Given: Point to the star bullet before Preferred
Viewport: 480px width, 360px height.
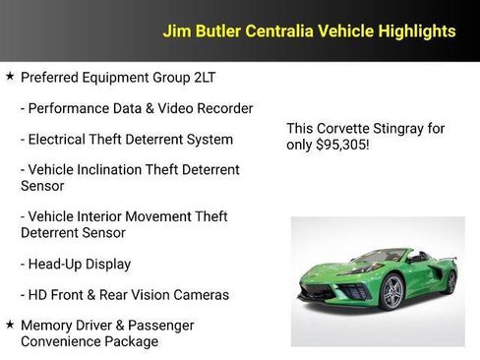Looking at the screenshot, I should [10, 76].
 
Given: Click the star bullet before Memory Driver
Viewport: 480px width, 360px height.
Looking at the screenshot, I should [10, 325].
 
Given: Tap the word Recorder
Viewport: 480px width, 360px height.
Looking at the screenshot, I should [222, 108].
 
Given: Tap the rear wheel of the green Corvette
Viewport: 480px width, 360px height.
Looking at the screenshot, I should [450, 282].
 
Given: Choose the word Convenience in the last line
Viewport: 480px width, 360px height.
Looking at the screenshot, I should [62, 342].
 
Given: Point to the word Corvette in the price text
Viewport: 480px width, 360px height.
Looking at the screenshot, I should [340, 128].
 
